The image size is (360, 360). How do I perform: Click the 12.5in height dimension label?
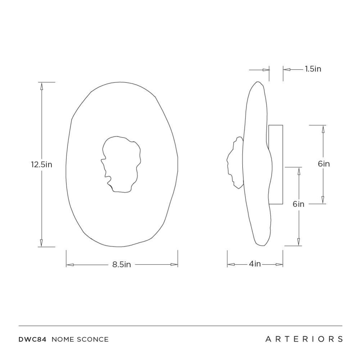(x=41, y=165)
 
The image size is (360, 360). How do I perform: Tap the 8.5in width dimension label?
(x=121, y=265)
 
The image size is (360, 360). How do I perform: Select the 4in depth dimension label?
(x=255, y=264)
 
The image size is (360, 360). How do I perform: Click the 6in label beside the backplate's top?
(x=324, y=164)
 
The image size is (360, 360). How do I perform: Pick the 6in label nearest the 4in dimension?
(x=298, y=204)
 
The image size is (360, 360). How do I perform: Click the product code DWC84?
(x=32, y=339)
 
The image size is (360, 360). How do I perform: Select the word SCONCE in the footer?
(x=93, y=339)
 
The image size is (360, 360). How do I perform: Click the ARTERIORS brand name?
(x=304, y=339)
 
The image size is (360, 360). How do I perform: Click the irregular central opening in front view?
(x=121, y=164)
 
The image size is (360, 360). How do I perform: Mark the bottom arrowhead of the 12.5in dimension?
(x=41, y=243)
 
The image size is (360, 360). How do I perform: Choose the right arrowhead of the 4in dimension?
(x=279, y=264)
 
